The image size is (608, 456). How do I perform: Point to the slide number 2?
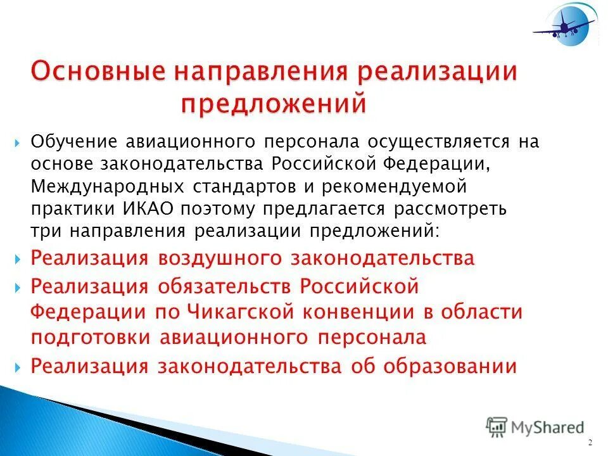(x=590, y=442)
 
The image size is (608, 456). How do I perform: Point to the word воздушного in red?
(x=220, y=258)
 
